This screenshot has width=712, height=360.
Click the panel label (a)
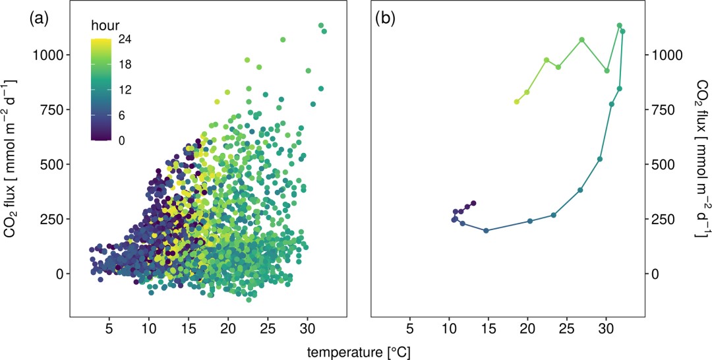pyautogui.click(x=38, y=19)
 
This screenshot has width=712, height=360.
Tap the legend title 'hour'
pyautogui.click(x=104, y=26)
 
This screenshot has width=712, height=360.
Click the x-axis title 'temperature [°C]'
pyautogui.click(x=357, y=351)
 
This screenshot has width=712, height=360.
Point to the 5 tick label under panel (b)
pyautogui.click(x=409, y=328)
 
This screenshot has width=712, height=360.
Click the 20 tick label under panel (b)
pyautogui.click(x=527, y=328)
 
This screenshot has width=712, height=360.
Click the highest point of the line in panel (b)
pyautogui.click(x=619, y=26)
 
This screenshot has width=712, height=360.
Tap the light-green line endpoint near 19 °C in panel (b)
pyautogui.click(x=517, y=102)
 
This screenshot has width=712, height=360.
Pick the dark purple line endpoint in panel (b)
pyautogui.click(x=473, y=203)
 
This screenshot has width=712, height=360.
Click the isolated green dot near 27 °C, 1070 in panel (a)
pyautogui.click(x=283, y=40)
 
